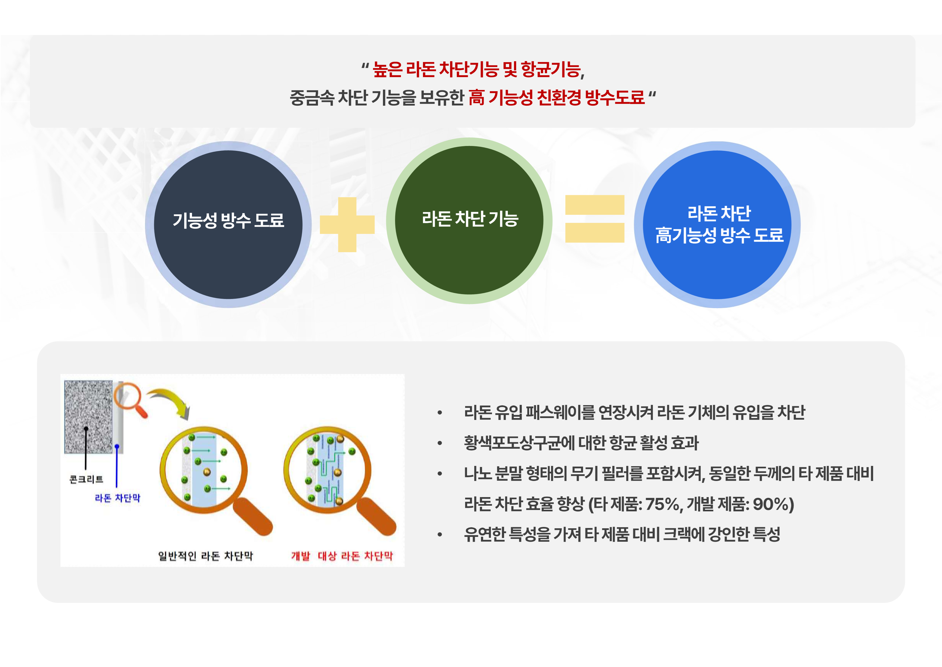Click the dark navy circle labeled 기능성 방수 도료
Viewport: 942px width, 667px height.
tap(228, 225)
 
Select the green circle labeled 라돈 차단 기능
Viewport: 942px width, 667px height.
tap(469, 220)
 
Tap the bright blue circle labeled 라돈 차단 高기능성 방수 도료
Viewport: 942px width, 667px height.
tap(717, 225)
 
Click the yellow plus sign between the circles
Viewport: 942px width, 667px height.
tap(347, 225)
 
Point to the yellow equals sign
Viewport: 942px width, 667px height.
tap(595, 219)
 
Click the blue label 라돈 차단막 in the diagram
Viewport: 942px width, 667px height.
tap(117, 498)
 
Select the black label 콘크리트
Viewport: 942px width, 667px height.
tap(86, 479)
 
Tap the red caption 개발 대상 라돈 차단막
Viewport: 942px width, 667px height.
tap(342, 556)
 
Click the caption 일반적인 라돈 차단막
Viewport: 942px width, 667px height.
tap(205, 556)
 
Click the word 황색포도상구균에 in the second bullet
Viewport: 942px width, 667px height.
tap(519, 443)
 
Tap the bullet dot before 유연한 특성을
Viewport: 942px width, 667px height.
tap(440, 534)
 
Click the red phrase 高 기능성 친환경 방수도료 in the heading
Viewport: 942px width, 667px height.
tap(556, 97)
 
